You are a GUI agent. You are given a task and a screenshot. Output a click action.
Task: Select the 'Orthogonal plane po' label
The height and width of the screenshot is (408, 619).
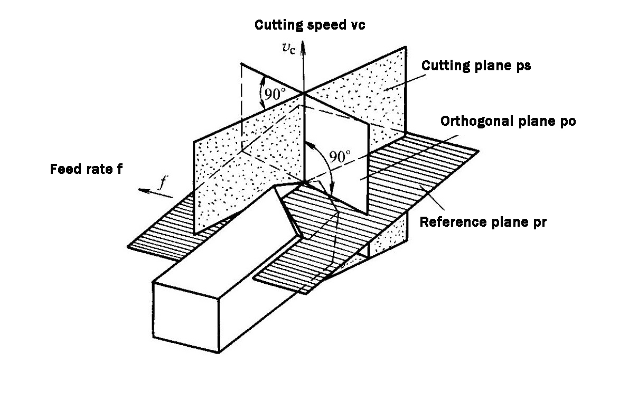(508, 120)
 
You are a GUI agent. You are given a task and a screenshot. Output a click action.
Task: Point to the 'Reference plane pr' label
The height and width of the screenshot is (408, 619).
(483, 221)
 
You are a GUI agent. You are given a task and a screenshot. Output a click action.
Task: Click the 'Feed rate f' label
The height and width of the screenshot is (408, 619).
(86, 170)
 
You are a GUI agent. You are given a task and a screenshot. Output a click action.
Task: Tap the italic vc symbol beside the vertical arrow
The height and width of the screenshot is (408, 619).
(289, 48)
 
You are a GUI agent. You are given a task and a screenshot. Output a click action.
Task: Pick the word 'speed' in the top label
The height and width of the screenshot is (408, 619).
(321, 26)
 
